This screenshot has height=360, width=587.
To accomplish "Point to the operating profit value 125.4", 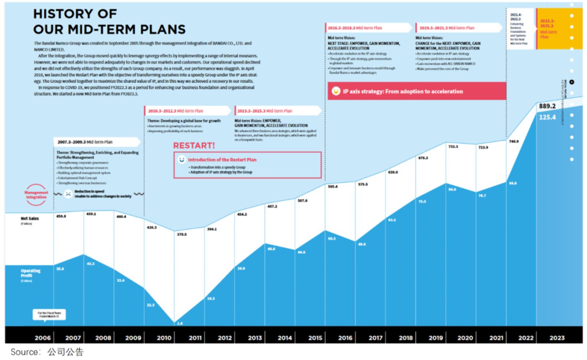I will click(548, 117).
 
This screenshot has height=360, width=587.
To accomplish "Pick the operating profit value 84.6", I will click(513, 183).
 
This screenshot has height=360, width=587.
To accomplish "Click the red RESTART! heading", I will click(194, 146).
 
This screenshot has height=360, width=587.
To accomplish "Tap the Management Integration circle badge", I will click(36, 195).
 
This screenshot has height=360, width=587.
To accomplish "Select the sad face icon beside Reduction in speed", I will click(68, 194).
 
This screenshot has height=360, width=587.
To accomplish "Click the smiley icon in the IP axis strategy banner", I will click(335, 91).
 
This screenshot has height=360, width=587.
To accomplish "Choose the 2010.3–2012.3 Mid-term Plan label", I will click(175, 111).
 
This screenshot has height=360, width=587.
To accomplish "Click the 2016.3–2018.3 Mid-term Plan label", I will click(354, 28).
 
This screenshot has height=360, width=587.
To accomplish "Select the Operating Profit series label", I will click(31, 273).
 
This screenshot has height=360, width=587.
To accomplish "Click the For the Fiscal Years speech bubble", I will click(49, 315).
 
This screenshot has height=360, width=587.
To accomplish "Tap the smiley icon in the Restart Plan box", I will click(181, 160).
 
